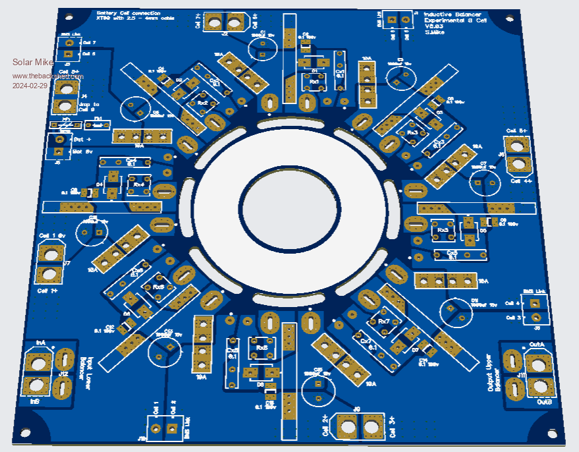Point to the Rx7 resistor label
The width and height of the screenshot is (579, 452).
(x=383, y=321)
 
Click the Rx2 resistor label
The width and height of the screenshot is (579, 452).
(x=203, y=103)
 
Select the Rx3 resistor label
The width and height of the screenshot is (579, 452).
(x=412, y=133)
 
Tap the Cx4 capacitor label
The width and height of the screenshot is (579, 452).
(x=131, y=160)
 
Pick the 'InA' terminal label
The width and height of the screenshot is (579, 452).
(x=41, y=343)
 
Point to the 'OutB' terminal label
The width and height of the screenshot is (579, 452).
(x=544, y=401)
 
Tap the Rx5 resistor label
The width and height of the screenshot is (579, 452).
(x=158, y=288)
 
